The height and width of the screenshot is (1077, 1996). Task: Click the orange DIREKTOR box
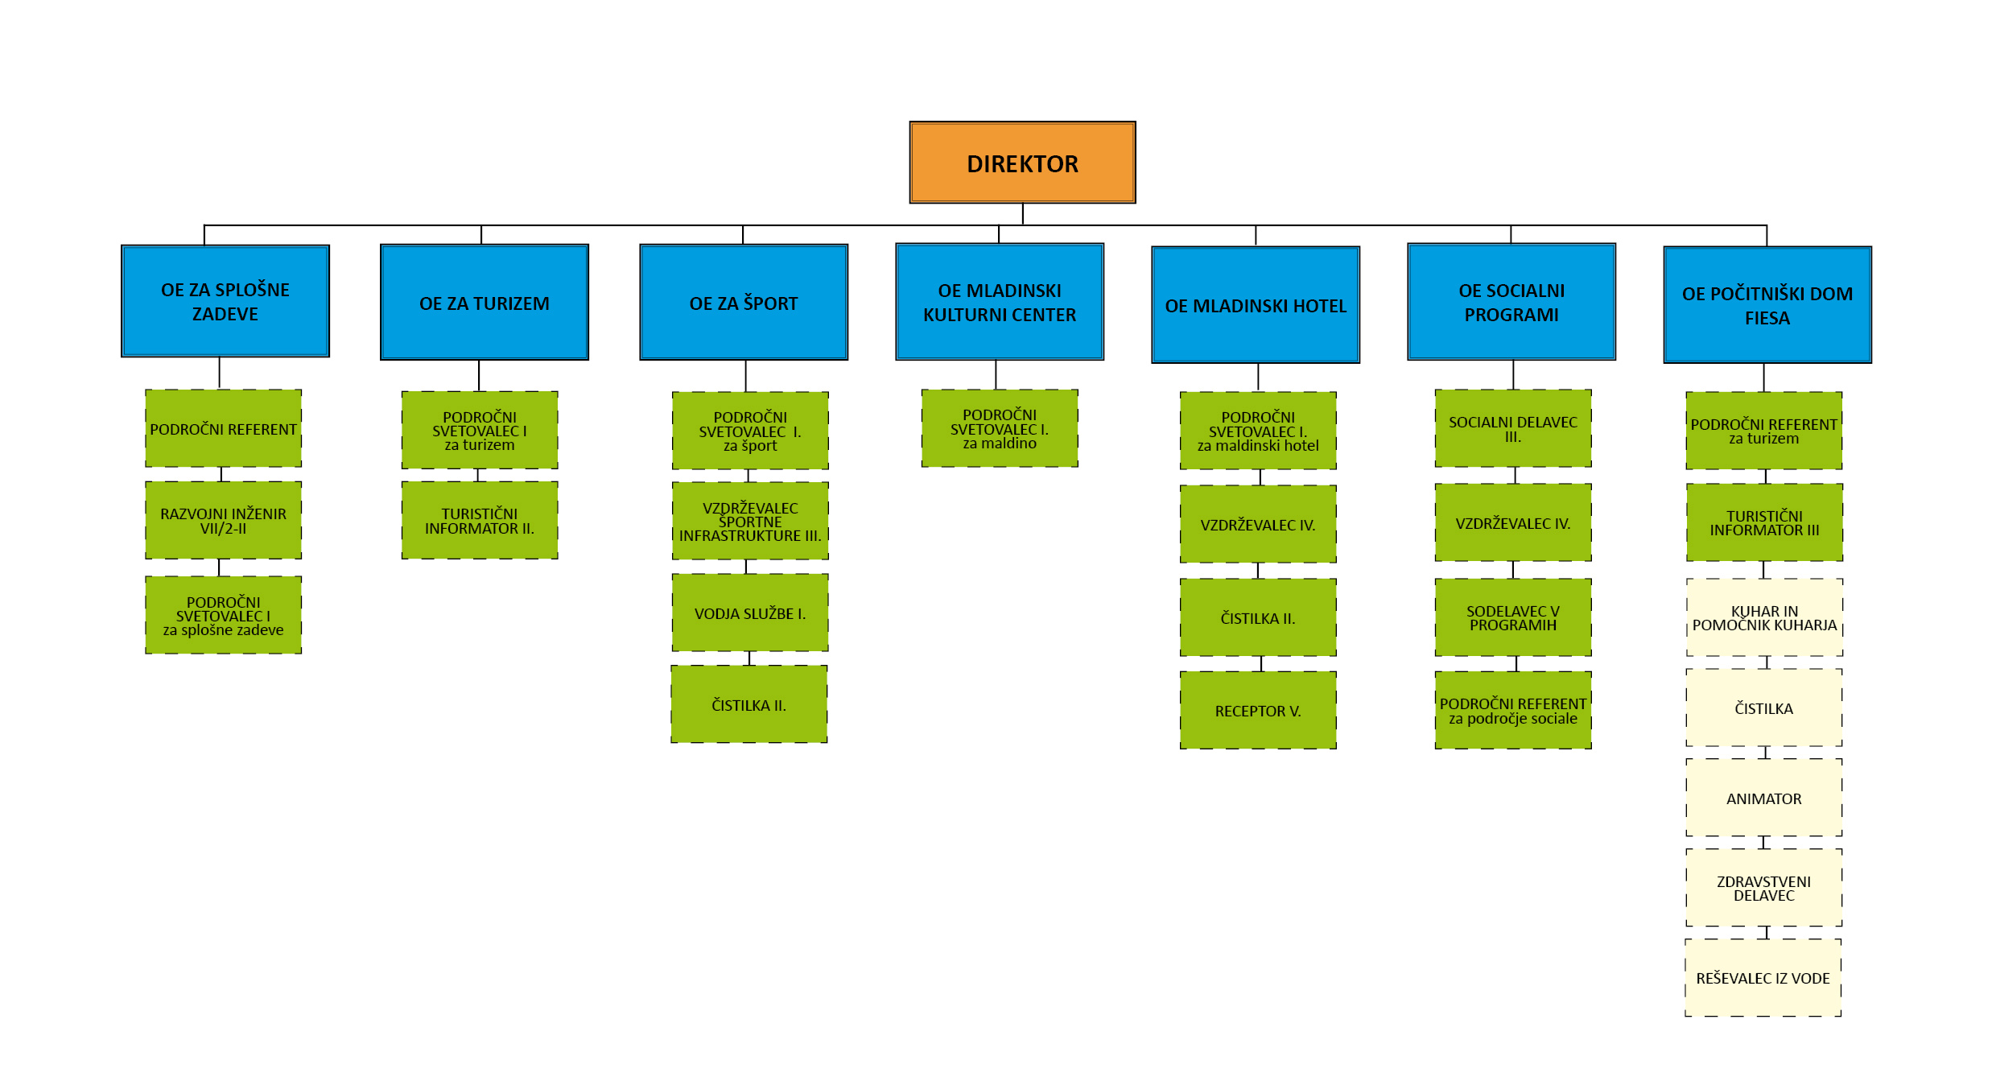point(1022,163)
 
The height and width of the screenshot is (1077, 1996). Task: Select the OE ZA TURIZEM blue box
point(485,302)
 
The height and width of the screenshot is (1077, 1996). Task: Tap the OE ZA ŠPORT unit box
point(744,302)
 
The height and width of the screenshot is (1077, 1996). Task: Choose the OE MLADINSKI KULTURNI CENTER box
point(1000,302)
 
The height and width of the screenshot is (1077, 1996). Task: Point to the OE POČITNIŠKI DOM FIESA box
point(1767,305)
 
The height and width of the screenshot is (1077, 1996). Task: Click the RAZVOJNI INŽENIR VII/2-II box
point(224,520)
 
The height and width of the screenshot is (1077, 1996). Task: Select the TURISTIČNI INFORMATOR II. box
point(480,520)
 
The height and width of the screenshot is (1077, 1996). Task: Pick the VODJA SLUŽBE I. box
point(750,613)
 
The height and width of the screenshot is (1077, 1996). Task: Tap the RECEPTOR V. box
point(1258,710)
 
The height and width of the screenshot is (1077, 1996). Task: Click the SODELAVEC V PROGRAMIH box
point(1513,617)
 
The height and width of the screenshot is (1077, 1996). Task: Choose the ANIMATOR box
point(1764,798)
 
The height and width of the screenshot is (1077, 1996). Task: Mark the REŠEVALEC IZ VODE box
point(1763,977)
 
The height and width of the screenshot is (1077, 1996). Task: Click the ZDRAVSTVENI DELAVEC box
point(1764,888)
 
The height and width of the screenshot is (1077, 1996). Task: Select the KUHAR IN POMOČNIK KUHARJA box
point(1765,617)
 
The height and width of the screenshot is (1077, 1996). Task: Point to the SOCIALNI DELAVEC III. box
point(1513,428)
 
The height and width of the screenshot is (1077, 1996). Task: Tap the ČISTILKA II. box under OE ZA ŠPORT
point(749,704)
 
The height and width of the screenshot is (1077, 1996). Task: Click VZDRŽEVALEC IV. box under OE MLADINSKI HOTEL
point(1258,524)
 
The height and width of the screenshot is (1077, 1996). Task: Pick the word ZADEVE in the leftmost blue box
point(225,314)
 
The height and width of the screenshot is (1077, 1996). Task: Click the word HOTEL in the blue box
point(1320,306)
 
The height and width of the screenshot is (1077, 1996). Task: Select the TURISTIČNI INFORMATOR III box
point(1765,522)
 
